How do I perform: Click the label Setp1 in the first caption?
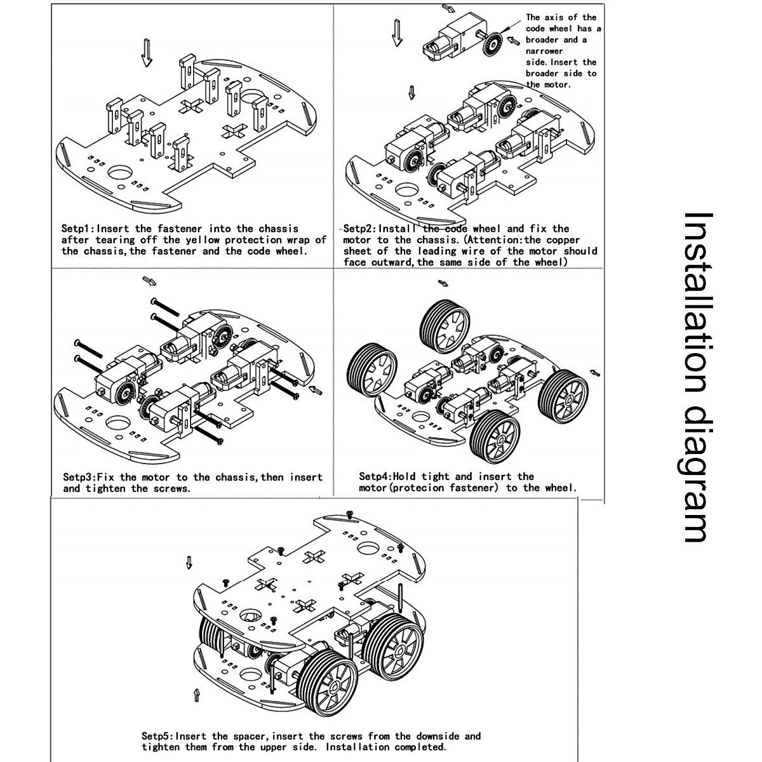click(x=77, y=229)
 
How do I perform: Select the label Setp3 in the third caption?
click(x=78, y=477)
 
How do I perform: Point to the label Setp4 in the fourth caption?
click(x=374, y=476)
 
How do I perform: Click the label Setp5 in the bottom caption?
click(x=156, y=737)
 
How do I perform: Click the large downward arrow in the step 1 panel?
click(x=147, y=52)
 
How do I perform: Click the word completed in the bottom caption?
click(x=420, y=747)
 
